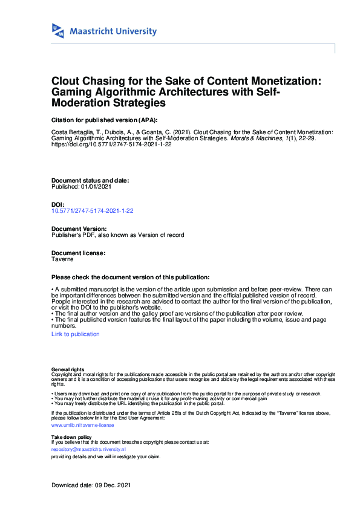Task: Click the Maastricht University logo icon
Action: [x=58, y=31]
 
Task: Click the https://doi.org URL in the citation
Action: [x=107, y=145]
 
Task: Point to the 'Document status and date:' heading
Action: [x=90, y=181]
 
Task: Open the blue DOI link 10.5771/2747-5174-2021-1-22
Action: [x=93, y=211]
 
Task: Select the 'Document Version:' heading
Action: [x=79, y=229]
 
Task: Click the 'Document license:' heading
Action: [x=79, y=253]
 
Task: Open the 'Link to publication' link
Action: [x=76, y=334]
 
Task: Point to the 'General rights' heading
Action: [x=68, y=369]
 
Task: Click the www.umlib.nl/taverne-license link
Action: [x=82, y=425]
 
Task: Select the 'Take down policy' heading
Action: [x=71, y=436]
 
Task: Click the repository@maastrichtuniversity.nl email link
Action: [x=88, y=449]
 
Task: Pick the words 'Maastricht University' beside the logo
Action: [x=113, y=31]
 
